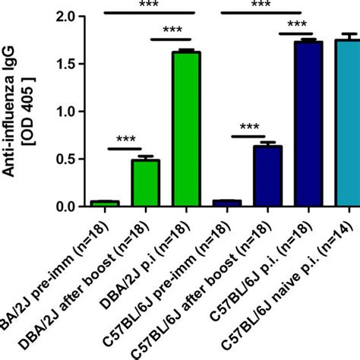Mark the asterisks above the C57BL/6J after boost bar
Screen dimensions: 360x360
pyautogui.click(x=250, y=128)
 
